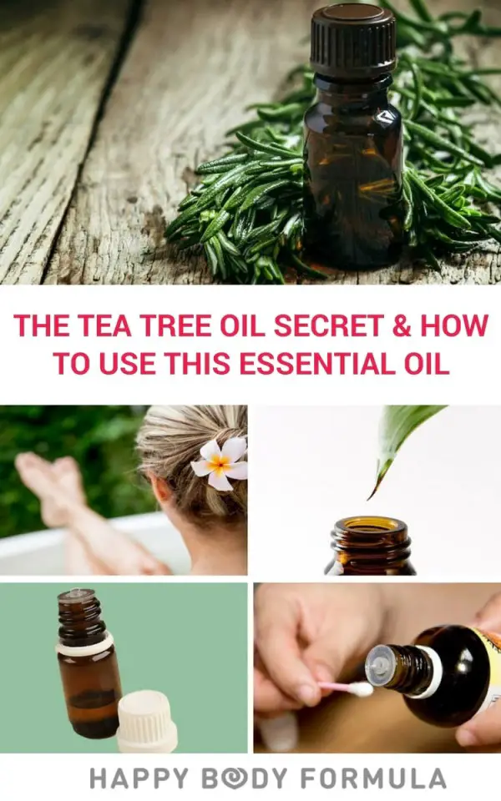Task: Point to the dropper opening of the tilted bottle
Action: pyautogui.click(x=377, y=662)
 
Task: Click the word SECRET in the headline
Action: pyautogui.click(x=321, y=327)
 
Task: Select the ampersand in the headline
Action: pyautogui.click(x=401, y=327)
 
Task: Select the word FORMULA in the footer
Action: pyautogui.click(x=383, y=778)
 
